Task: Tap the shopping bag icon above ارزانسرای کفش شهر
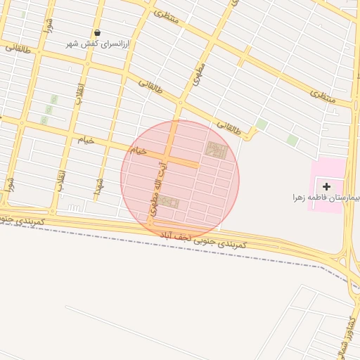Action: coord(97,32)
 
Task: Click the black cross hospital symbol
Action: coord(326,186)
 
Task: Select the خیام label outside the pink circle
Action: coord(85,140)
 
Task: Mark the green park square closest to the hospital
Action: coord(292,140)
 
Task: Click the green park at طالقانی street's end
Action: coord(261,124)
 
